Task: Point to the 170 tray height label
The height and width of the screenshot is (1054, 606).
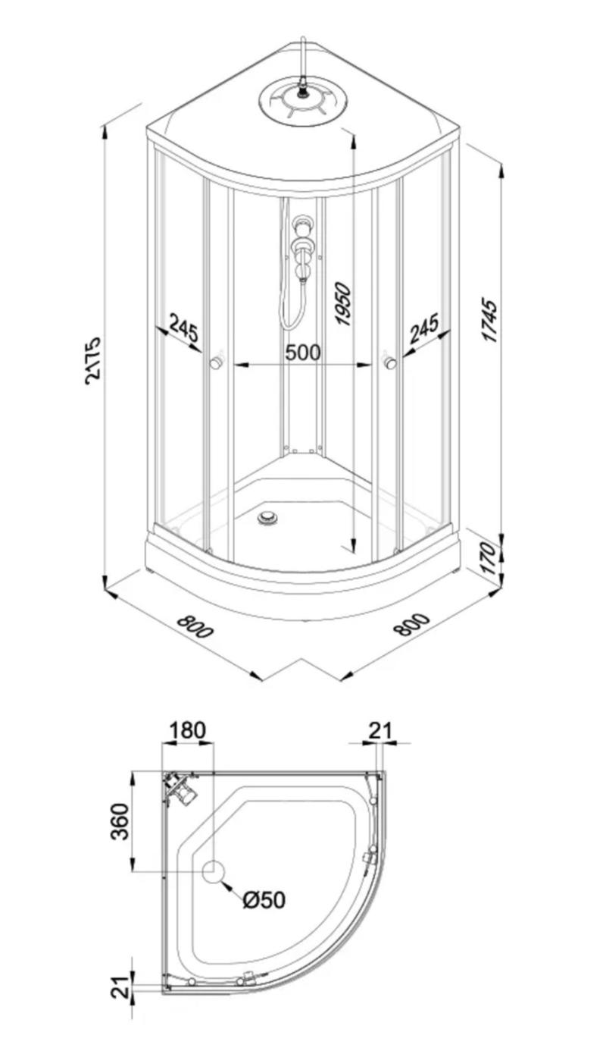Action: pos(489,558)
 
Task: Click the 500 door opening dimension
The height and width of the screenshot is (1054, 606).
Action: pos(303,352)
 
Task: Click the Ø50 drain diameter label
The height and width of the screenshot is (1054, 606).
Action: pos(264,900)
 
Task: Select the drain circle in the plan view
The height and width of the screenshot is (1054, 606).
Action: pos(213,871)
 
